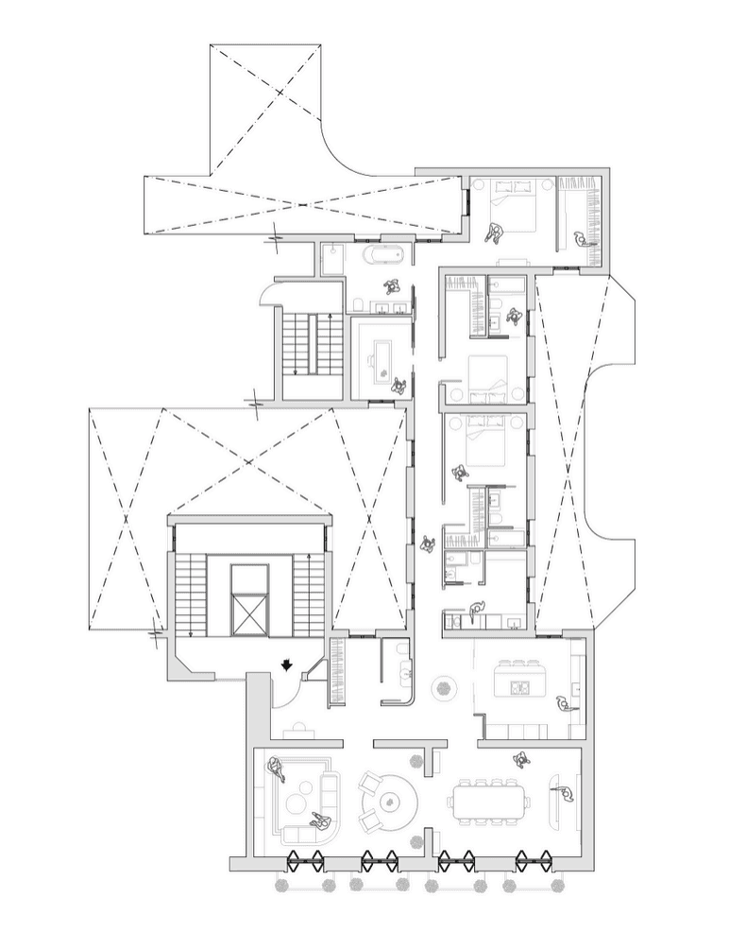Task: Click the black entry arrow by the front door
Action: point(286,666)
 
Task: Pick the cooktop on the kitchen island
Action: point(517,687)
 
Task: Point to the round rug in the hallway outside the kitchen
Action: point(442,688)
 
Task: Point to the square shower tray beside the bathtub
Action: point(332,259)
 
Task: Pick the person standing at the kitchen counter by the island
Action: point(563,703)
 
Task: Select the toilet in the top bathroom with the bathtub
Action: point(360,303)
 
